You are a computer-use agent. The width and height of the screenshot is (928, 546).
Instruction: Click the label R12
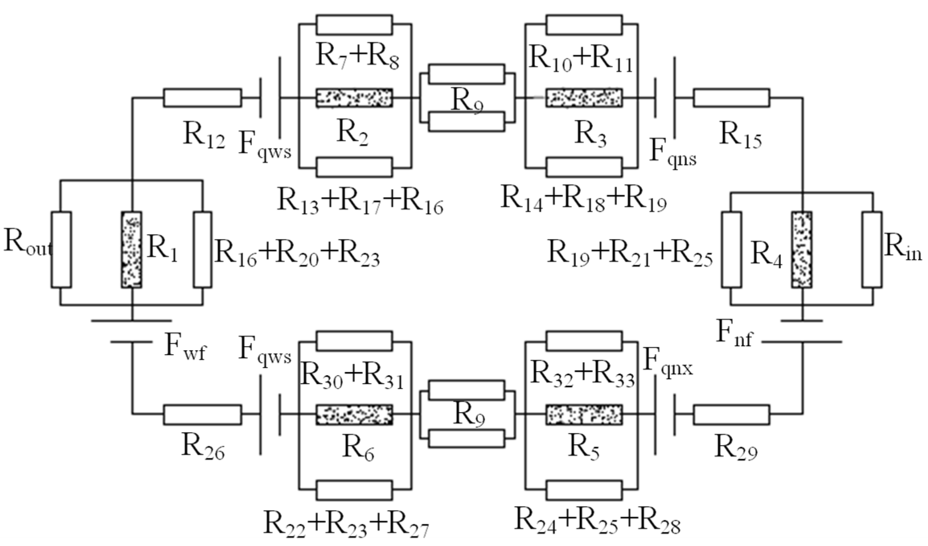tap(204, 136)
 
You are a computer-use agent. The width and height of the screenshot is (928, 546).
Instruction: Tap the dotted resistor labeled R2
tap(354, 98)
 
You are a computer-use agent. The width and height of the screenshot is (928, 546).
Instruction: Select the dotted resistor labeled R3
tap(584, 98)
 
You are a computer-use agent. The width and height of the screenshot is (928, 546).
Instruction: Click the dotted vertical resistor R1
tap(132, 250)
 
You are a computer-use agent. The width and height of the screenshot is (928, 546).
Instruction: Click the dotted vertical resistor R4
tap(802, 250)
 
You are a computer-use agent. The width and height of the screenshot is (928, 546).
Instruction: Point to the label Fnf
tap(734, 334)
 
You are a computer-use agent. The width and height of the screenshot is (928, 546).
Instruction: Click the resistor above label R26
tap(203, 415)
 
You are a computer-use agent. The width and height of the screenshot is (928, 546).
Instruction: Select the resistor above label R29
tap(731, 415)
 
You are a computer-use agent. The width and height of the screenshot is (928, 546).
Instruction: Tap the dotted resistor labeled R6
tap(354, 415)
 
